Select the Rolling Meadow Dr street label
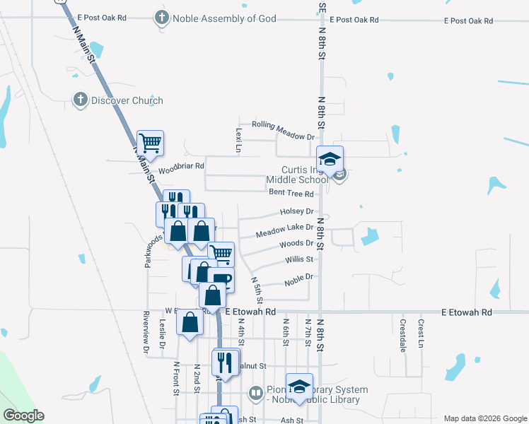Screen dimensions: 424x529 pyautogui.click(x=283, y=136)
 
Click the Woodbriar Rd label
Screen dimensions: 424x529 pyautogui.click(x=181, y=167)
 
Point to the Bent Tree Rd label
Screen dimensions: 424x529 pyautogui.click(x=290, y=192)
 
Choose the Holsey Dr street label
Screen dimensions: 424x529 pyautogui.click(x=296, y=211)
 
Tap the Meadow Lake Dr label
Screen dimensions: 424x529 pyautogui.click(x=284, y=228)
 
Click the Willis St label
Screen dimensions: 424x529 pyautogui.click(x=299, y=259)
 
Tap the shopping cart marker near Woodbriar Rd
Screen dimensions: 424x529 pyautogui.click(x=150, y=143)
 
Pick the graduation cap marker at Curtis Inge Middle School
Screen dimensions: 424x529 pyautogui.click(x=330, y=159)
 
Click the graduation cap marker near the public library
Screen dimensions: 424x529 pyautogui.click(x=300, y=386)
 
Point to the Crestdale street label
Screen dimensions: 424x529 pyautogui.click(x=402, y=330)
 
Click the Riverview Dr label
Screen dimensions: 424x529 pyautogui.click(x=146, y=332)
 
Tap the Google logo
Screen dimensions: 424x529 pyautogui.click(x=23, y=415)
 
